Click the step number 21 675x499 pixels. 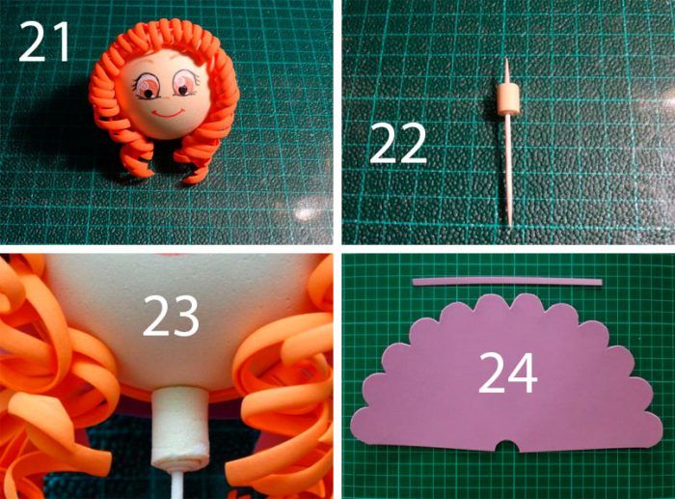44,42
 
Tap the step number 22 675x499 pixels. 397,144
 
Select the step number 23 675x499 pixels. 171,316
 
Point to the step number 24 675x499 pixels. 508,373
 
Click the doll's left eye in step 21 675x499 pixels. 147,85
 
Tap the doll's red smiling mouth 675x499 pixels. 168,113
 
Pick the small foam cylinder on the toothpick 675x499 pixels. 507,99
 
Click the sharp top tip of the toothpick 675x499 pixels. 506,60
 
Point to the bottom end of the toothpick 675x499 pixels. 510,224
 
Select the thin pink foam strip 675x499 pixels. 507,282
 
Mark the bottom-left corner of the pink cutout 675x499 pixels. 353,432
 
